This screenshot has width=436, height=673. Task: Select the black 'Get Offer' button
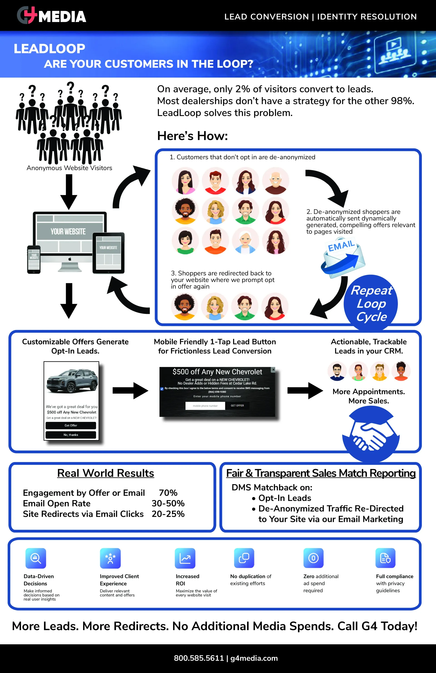pos(71,425)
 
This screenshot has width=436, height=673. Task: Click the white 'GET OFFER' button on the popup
pos(237,406)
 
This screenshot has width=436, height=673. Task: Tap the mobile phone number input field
pos(205,406)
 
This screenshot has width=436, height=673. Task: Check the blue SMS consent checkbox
pos(162,389)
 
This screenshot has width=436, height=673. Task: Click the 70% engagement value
pos(168,493)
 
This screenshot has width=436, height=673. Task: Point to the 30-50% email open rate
pos(168,503)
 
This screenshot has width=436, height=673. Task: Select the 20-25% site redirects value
pos(168,514)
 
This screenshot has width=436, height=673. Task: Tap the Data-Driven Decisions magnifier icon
pos(36,558)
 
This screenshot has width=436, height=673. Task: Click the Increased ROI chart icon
pos(185,558)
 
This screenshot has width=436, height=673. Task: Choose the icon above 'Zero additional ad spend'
pos(313,558)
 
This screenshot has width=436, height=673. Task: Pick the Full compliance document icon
pos(385,558)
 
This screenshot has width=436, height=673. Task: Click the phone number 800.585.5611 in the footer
pos(199,658)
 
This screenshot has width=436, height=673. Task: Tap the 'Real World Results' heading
pos(106,473)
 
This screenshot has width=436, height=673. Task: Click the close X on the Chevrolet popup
pos(273,369)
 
